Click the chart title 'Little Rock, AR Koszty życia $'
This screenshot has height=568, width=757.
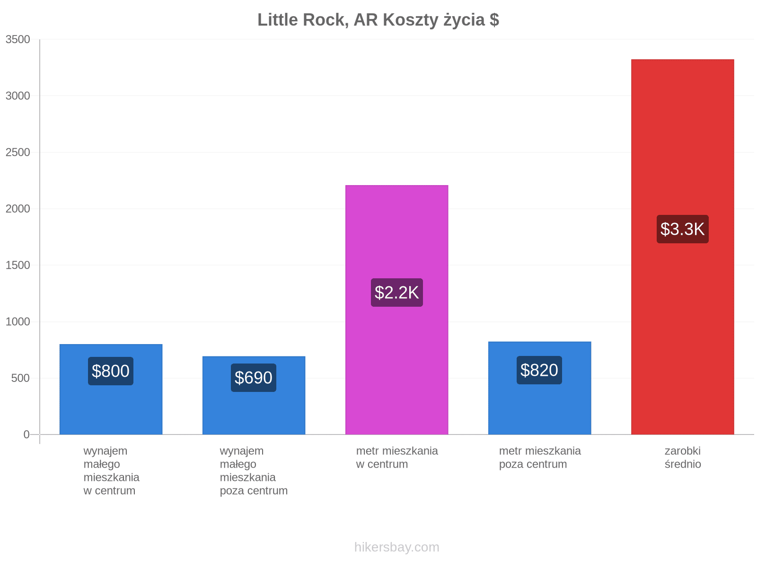pyautogui.click(x=378, y=20)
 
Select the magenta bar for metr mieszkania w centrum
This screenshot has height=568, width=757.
pyautogui.click(x=396, y=310)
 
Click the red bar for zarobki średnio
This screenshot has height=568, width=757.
pyautogui.click(x=683, y=247)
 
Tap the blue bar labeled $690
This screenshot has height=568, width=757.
pyautogui.click(x=254, y=395)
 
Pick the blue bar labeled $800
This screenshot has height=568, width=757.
pyautogui.click(x=111, y=390)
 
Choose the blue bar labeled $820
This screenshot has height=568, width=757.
pyautogui.click(x=540, y=388)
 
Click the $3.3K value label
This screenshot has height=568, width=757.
pyautogui.click(x=683, y=229)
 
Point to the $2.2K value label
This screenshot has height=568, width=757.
pyautogui.click(x=396, y=293)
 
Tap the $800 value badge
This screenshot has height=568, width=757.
pyautogui.click(x=111, y=371)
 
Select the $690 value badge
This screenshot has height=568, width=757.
pyautogui.click(x=254, y=378)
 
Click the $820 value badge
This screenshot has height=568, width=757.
pyautogui.click(x=539, y=370)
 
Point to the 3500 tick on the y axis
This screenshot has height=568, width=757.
pyautogui.click(x=18, y=39)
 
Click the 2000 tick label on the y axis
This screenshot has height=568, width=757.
pyautogui.click(x=18, y=209)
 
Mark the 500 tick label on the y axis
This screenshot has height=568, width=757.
pyautogui.click(x=20, y=378)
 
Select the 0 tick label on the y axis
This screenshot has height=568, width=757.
pyautogui.click(x=26, y=435)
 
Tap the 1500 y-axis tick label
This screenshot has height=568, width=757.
pyautogui.click(x=18, y=265)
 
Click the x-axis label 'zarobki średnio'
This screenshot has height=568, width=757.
pyautogui.click(x=683, y=457)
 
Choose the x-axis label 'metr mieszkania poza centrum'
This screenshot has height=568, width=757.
pyautogui.click(x=540, y=457)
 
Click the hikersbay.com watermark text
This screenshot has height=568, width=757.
pyautogui.click(x=396, y=547)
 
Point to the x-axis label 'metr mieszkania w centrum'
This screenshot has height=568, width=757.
pyautogui.click(x=397, y=457)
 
